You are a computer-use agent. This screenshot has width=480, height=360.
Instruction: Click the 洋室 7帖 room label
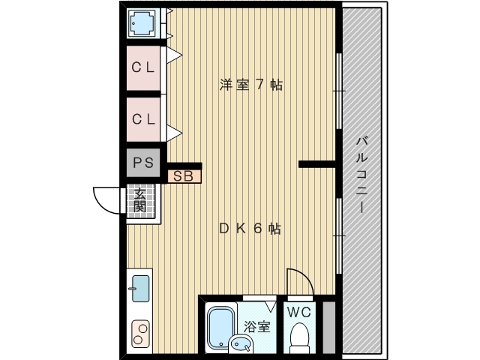(x=250, y=85)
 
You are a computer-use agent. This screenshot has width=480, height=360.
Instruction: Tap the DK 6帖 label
(x=250, y=229)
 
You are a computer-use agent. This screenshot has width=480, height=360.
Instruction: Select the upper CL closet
(x=143, y=68)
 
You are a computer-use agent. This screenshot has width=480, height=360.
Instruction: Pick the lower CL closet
(x=143, y=119)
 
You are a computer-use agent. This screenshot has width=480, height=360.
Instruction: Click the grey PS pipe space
(x=143, y=163)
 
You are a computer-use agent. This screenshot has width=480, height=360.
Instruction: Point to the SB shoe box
(x=184, y=176)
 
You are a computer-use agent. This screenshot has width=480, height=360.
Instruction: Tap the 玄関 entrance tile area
(x=141, y=200)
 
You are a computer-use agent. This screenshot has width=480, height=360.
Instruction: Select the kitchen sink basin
(x=140, y=288)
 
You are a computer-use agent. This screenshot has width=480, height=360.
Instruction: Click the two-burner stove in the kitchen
(x=141, y=334)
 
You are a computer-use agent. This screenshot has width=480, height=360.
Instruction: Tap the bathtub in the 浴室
(x=220, y=327)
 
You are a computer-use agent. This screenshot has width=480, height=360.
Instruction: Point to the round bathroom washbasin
(x=241, y=343)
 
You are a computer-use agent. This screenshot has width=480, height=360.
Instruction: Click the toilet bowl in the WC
(x=299, y=337)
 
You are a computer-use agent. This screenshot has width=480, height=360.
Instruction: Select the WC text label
(x=299, y=312)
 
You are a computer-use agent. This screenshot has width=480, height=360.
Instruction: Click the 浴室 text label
(x=257, y=327)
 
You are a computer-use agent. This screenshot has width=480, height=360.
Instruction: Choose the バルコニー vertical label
(x=361, y=175)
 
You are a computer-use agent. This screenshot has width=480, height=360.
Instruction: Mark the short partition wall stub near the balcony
(x=317, y=164)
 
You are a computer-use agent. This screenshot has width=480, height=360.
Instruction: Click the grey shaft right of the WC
(x=329, y=328)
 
